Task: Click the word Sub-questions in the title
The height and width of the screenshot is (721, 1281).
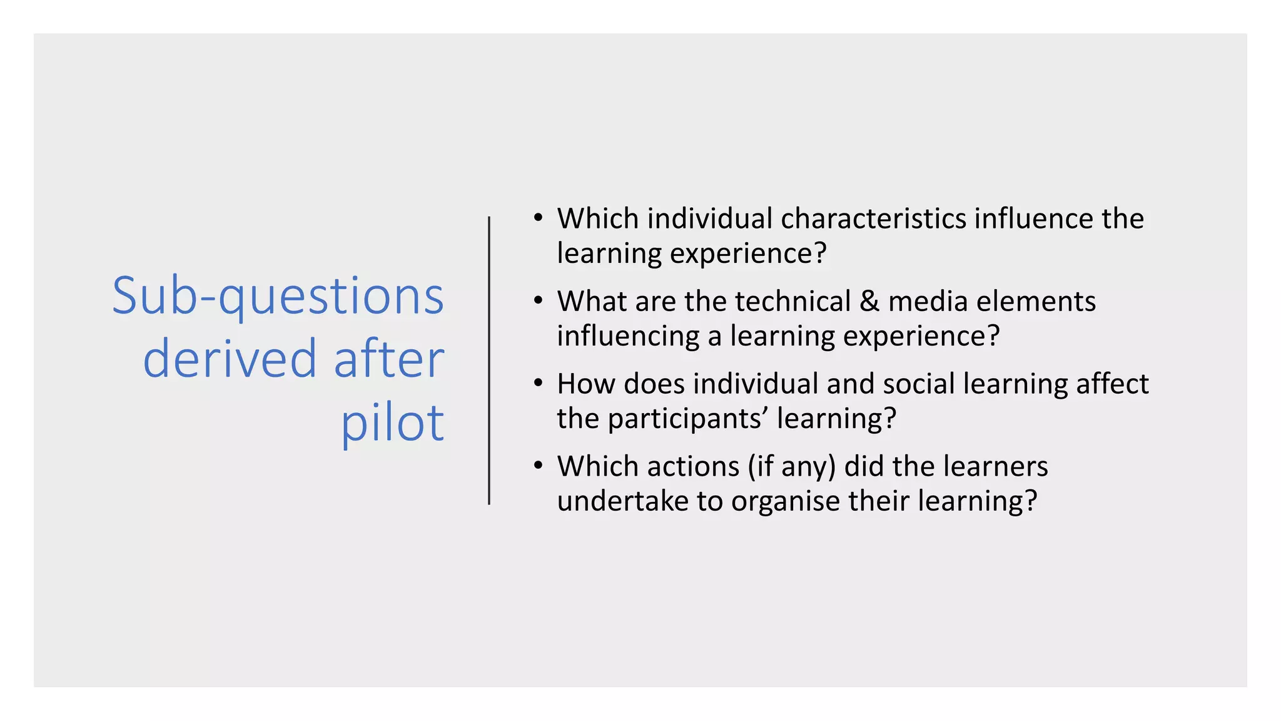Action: click(x=278, y=297)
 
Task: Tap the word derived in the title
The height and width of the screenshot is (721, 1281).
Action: click(x=230, y=359)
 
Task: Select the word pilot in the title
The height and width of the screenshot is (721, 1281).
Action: click(x=392, y=423)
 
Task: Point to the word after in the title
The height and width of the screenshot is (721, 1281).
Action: click(x=388, y=359)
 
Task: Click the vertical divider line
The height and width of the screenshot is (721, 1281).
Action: click(x=489, y=360)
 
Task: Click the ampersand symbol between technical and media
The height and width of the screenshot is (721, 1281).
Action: click(x=869, y=302)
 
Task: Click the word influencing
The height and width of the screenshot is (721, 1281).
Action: click(x=628, y=337)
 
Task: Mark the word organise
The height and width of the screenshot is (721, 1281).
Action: click(x=786, y=502)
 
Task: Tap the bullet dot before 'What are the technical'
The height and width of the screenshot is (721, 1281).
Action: click(x=538, y=301)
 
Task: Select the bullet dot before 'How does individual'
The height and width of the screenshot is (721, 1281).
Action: click(x=538, y=384)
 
